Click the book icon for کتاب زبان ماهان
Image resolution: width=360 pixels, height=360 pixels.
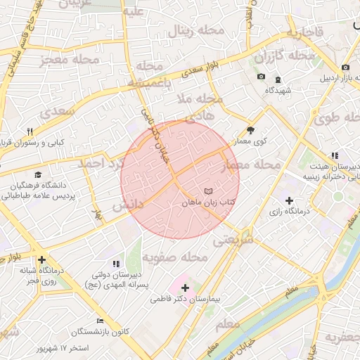(207, 191)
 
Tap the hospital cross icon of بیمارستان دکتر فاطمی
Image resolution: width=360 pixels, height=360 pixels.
(185, 288)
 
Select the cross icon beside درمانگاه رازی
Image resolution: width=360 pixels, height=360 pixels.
(289, 200)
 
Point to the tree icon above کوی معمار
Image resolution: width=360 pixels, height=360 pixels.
(251, 130)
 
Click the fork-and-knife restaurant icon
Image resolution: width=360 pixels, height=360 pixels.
(30, 131)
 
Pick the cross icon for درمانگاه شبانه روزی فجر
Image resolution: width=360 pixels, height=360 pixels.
(42, 259)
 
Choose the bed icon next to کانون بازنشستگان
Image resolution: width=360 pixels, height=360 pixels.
(100, 320)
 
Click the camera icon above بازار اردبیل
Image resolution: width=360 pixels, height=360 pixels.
(345, 67)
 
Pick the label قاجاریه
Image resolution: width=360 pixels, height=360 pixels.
(304, 32)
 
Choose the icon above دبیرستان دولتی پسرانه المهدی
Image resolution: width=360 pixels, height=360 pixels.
(116, 263)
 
